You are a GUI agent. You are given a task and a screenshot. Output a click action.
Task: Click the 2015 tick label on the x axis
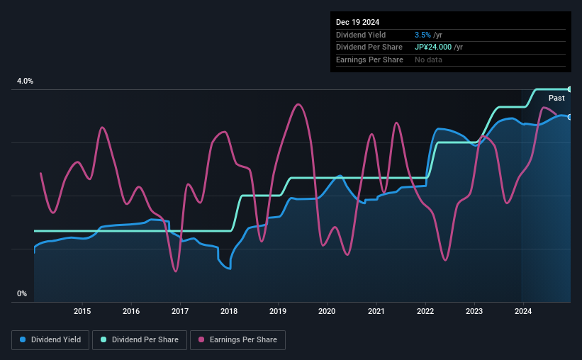point(82,311)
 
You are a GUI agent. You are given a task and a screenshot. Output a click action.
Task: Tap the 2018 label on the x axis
point(229,311)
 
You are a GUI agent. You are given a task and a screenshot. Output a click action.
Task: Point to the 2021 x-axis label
point(376,311)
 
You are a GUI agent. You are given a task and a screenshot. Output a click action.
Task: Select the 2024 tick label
point(522,311)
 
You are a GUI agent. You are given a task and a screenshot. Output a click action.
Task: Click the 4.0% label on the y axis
point(25,81)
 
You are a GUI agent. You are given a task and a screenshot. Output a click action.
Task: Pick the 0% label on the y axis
point(22,293)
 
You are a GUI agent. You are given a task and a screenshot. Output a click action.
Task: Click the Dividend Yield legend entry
point(50,340)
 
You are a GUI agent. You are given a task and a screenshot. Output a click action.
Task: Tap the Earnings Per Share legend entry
point(241,340)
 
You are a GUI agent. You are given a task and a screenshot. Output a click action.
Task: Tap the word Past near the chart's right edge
point(556,98)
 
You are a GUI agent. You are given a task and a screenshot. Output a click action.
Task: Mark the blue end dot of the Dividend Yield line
point(569,117)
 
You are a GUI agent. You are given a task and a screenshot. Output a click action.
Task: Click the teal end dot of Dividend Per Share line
point(569,89)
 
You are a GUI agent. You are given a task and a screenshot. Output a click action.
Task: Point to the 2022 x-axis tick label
point(425,311)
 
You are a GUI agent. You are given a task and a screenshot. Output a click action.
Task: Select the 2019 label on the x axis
point(278,311)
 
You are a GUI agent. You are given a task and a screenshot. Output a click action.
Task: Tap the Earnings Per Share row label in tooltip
point(369,60)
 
